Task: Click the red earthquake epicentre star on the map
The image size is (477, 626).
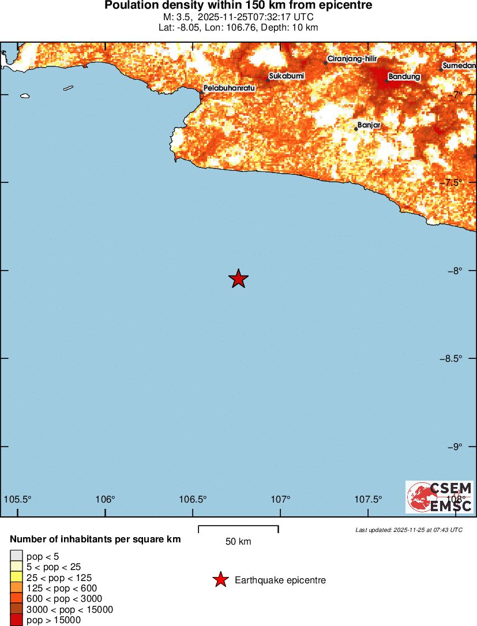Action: pyautogui.click(x=238, y=279)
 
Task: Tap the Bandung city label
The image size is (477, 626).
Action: pyautogui.click(x=404, y=76)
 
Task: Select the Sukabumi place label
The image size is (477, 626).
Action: pyautogui.click(x=287, y=76)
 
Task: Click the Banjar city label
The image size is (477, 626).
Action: pyautogui.click(x=369, y=125)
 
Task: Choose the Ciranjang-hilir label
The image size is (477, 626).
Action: pyautogui.click(x=352, y=59)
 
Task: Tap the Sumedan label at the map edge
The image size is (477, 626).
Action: pyautogui.click(x=459, y=66)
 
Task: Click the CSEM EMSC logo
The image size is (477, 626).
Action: pyautogui.click(x=440, y=497)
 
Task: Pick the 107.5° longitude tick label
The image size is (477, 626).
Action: pyautogui.click(x=369, y=499)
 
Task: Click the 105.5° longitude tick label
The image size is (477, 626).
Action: pyautogui.click(x=18, y=499)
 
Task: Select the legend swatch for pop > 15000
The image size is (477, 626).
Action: pyautogui.click(x=16, y=620)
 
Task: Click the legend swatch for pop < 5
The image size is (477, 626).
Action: pyautogui.click(x=16, y=556)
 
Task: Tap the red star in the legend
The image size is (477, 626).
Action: pyautogui.click(x=220, y=580)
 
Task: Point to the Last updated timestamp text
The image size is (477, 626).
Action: pyautogui.click(x=409, y=530)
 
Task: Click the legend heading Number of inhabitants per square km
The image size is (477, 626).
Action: pyautogui.click(x=96, y=539)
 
